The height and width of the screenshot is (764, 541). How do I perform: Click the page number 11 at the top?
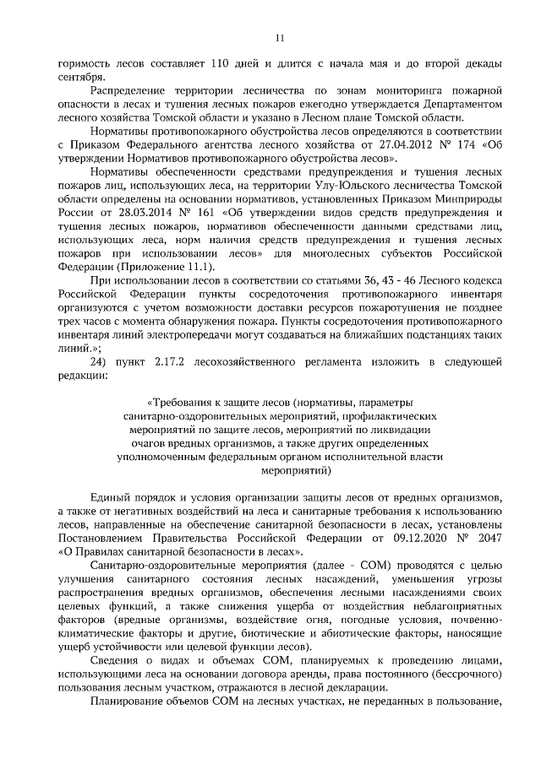(x=280, y=37)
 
